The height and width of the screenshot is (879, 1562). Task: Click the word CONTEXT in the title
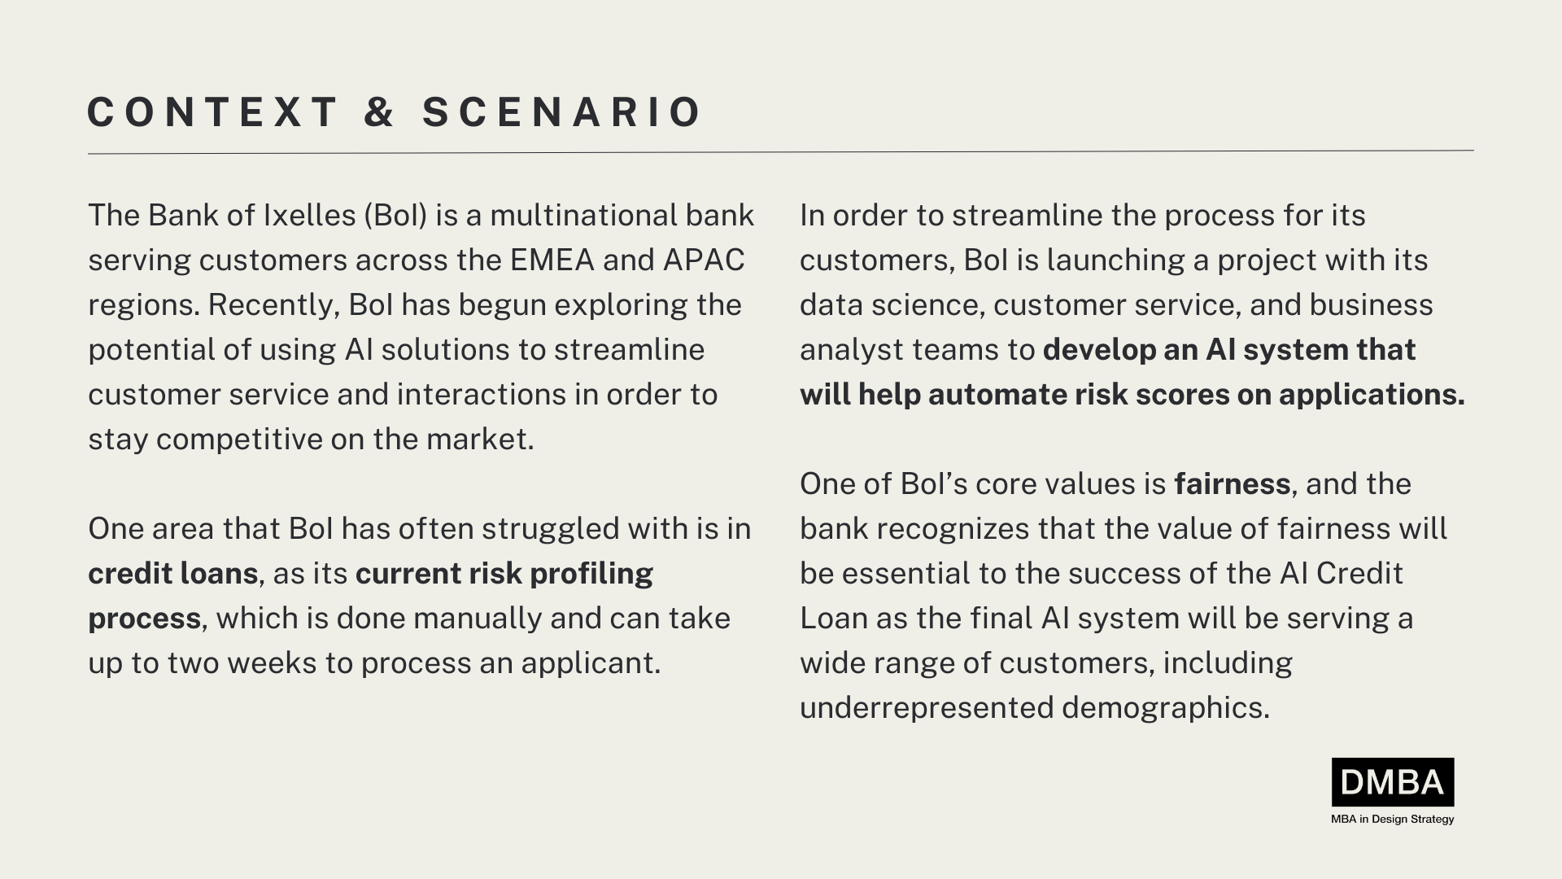(212, 112)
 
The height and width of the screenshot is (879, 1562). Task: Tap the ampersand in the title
(379, 112)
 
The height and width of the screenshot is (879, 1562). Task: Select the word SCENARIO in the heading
(561, 112)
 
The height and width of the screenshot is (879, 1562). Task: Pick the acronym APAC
(704, 260)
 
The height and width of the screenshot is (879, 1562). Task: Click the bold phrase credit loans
(172, 574)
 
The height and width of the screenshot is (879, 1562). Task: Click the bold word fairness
(1232, 484)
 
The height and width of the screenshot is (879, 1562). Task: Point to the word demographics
(1165, 708)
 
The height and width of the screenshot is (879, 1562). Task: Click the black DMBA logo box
(1392, 782)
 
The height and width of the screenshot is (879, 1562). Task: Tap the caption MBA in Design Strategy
(1392, 819)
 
